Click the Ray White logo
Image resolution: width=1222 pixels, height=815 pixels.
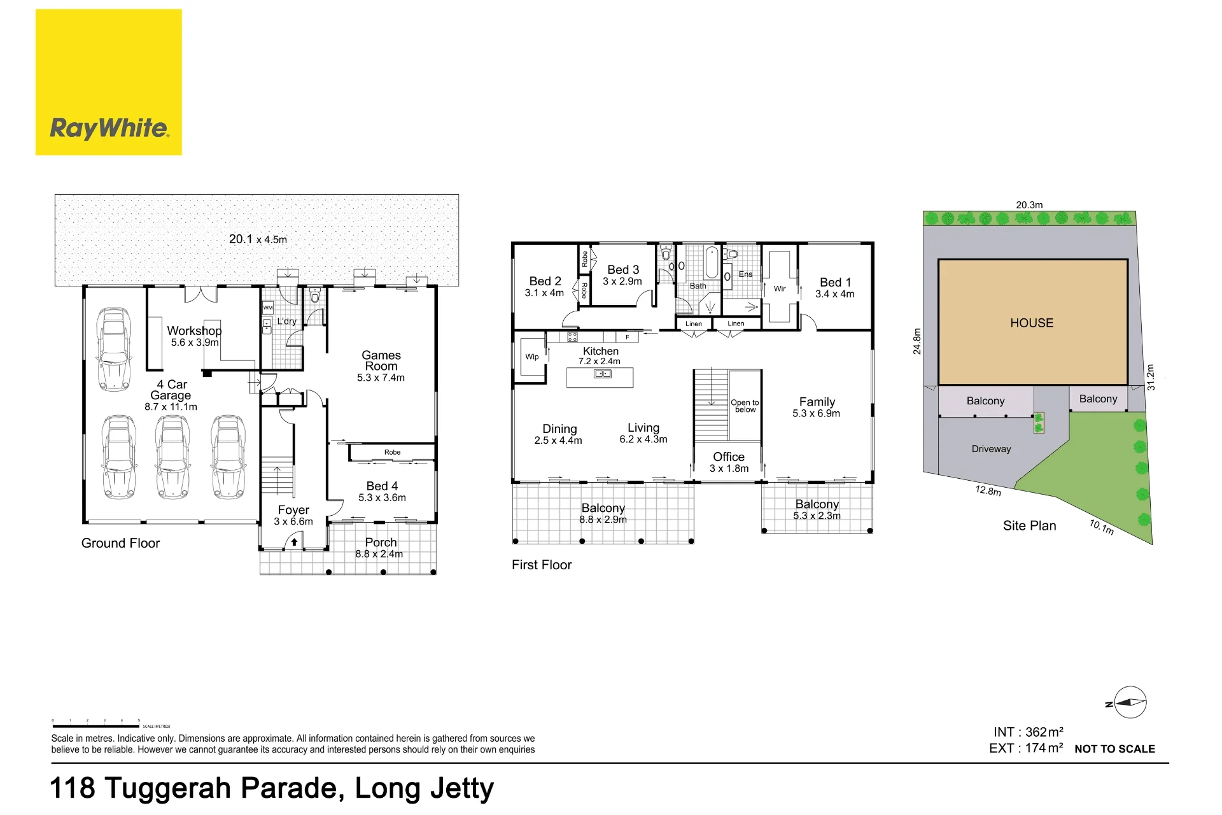[109, 82]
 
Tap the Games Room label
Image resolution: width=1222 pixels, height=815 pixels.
[381, 360]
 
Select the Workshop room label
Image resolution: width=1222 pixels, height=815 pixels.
[194, 330]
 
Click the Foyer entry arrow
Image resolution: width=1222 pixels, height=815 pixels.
[294, 542]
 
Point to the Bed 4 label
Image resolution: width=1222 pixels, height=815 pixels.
[382, 486]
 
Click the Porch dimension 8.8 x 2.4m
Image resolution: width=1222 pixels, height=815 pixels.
[379, 554]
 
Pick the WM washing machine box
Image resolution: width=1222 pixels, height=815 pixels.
[268, 308]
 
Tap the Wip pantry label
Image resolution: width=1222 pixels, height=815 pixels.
[532, 357]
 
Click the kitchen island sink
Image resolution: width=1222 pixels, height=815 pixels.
[602, 374]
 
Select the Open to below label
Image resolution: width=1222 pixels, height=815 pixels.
[745, 406]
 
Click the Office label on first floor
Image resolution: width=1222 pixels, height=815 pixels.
[729, 457]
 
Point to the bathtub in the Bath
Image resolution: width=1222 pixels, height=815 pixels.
[712, 263]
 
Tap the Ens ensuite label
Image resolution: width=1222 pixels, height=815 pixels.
[746, 274]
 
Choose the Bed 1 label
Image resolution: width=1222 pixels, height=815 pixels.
[835, 282]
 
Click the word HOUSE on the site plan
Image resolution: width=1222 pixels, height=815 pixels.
[1032, 323]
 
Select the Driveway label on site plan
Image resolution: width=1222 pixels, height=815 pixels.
[991, 449]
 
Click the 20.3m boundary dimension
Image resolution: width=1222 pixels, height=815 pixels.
[1029, 205]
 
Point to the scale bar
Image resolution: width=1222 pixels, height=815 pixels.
[95, 726]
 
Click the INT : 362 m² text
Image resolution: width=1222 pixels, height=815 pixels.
[1029, 732]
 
